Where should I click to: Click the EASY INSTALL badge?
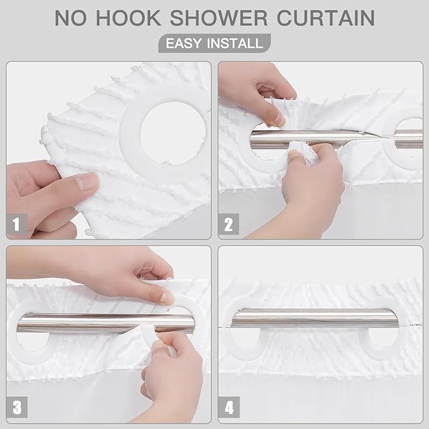point(214,44)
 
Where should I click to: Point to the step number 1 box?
point(17,223)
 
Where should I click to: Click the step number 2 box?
point(229,223)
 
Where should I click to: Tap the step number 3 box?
point(17,407)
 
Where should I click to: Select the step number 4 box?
point(229,407)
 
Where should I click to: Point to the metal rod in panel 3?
point(95,323)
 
